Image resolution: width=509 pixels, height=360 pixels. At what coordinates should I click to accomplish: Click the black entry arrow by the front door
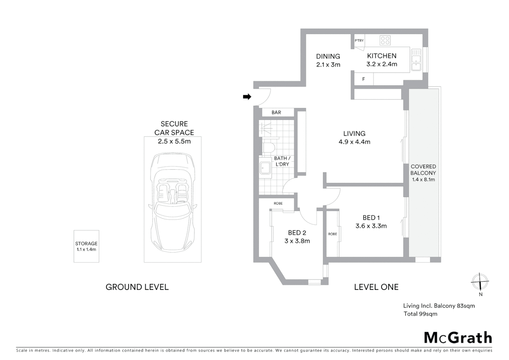tap(247, 97)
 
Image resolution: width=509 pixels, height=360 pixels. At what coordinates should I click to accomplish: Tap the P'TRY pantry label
tap(359, 41)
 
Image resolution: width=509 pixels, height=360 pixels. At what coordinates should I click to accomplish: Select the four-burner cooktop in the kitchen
tap(385, 41)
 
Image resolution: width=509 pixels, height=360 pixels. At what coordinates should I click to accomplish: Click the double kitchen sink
tap(416, 60)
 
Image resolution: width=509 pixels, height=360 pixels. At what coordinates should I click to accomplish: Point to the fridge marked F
tap(363, 79)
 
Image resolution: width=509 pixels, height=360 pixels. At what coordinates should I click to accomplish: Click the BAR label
tap(276, 112)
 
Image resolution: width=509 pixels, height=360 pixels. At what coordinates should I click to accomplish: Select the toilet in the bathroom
tap(268, 147)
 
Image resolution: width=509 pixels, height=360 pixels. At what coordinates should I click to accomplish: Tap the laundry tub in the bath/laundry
tap(265, 168)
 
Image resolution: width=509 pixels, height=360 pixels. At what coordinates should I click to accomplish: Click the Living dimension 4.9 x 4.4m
tap(354, 142)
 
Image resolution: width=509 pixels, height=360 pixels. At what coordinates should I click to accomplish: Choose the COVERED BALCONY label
tap(423, 170)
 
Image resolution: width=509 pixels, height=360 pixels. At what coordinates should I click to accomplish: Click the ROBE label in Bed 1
tap(332, 234)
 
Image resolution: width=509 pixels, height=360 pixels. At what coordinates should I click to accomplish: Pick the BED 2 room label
tap(297, 233)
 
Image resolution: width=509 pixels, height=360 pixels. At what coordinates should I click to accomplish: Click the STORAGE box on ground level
tap(86, 246)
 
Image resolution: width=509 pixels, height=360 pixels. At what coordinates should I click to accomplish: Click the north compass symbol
tap(480, 282)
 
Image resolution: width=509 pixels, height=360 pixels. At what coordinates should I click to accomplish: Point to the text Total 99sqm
tap(420, 314)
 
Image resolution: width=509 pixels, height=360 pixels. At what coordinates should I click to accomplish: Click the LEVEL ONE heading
tap(376, 287)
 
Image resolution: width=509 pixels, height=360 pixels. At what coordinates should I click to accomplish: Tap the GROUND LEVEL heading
tap(137, 287)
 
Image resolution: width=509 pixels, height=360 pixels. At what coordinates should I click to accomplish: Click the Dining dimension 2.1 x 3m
tap(328, 65)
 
